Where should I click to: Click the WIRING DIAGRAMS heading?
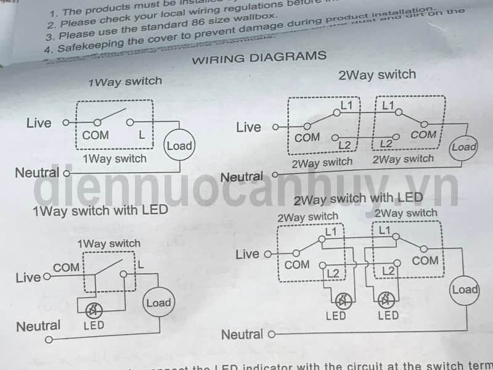click(259, 57)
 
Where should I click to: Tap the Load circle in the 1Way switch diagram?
click(179, 146)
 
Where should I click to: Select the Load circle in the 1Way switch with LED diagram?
click(158, 302)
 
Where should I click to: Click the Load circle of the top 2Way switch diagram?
click(463, 147)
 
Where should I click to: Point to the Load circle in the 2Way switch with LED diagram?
click(465, 289)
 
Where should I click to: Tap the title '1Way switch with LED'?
click(100, 210)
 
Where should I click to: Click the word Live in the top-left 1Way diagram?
click(39, 123)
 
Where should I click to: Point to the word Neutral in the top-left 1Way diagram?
click(37, 173)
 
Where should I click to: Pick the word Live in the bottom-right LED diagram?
click(248, 253)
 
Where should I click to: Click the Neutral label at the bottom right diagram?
click(242, 334)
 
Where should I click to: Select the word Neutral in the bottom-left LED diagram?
click(38, 326)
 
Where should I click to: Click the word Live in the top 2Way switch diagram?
click(248, 127)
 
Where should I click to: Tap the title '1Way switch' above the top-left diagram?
click(125, 81)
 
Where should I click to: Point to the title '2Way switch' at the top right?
click(377, 75)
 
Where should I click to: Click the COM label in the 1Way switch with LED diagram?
click(67, 268)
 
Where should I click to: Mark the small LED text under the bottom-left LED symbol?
click(94, 325)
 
